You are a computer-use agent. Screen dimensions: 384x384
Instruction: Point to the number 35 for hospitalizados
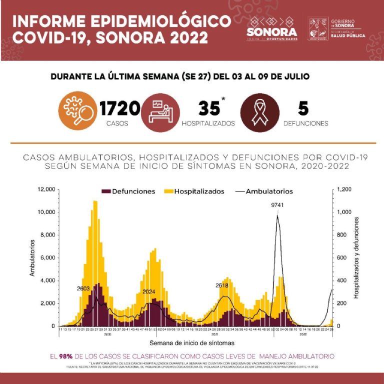click(x=208, y=108)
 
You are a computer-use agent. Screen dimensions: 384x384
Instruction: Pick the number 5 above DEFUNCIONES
click(x=303, y=108)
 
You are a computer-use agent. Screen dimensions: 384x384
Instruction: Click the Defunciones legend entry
click(x=128, y=191)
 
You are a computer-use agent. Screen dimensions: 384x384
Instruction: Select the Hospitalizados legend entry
click(x=196, y=191)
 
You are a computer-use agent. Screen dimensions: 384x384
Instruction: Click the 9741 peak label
click(x=277, y=204)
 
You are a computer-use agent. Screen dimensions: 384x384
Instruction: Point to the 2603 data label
click(x=83, y=288)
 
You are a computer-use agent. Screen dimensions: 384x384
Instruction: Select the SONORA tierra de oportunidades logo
click(x=272, y=28)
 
